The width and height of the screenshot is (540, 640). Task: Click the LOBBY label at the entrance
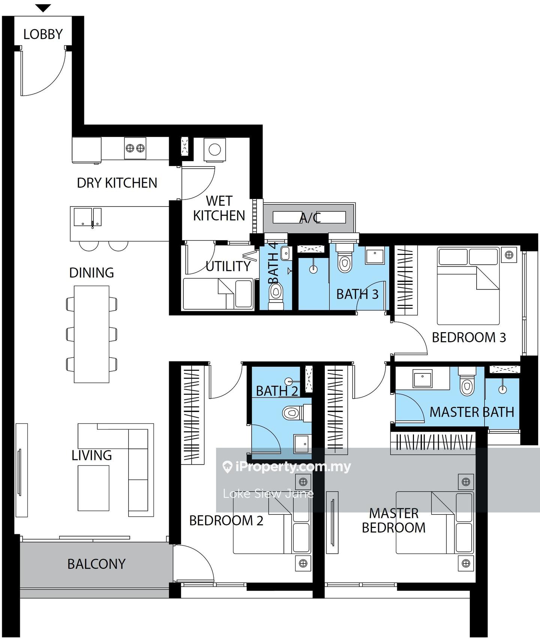tap(43, 34)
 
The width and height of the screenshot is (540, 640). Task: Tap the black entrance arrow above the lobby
tap(43, 8)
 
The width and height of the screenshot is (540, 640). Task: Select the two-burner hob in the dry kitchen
tap(135, 148)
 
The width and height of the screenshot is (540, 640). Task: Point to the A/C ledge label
tap(310, 218)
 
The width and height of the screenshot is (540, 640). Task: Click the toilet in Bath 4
tap(276, 294)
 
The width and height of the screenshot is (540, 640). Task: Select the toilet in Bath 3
tap(344, 259)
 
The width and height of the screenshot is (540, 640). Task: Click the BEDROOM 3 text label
tap(469, 337)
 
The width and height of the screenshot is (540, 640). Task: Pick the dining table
tap(91, 334)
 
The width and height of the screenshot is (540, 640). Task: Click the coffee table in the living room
tap(93, 488)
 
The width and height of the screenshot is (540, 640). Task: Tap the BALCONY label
tap(96, 564)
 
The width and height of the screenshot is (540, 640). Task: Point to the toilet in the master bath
tap(467, 381)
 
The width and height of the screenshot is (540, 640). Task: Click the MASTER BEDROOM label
tap(394, 520)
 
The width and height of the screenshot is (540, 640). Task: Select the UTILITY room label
tap(228, 266)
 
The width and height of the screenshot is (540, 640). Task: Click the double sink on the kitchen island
tap(87, 217)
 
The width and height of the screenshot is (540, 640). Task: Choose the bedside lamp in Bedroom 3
tap(509, 255)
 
